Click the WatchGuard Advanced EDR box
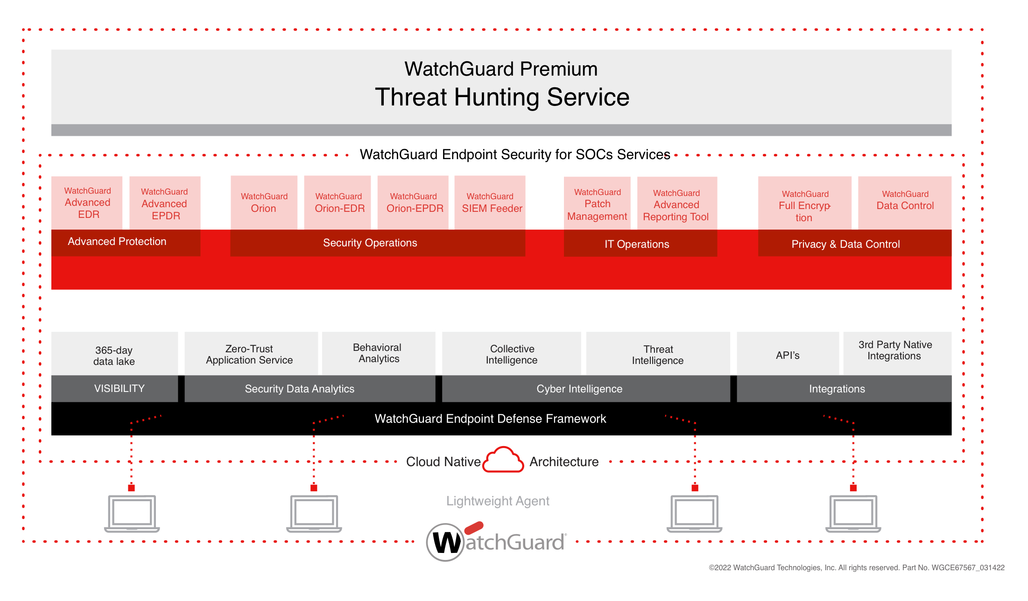point(87,203)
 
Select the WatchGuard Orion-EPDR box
point(413,203)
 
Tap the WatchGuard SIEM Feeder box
point(490,203)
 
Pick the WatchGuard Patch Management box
point(597,203)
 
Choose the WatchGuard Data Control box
point(905,203)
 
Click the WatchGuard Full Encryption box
point(805,203)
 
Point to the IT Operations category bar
point(641,244)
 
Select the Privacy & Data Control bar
point(855,243)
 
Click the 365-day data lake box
point(114,354)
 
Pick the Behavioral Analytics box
point(379,354)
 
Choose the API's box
point(788,354)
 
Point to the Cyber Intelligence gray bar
point(586,389)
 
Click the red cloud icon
point(503,460)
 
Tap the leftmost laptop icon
point(132,514)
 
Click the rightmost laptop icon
point(853,514)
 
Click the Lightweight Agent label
point(498,501)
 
